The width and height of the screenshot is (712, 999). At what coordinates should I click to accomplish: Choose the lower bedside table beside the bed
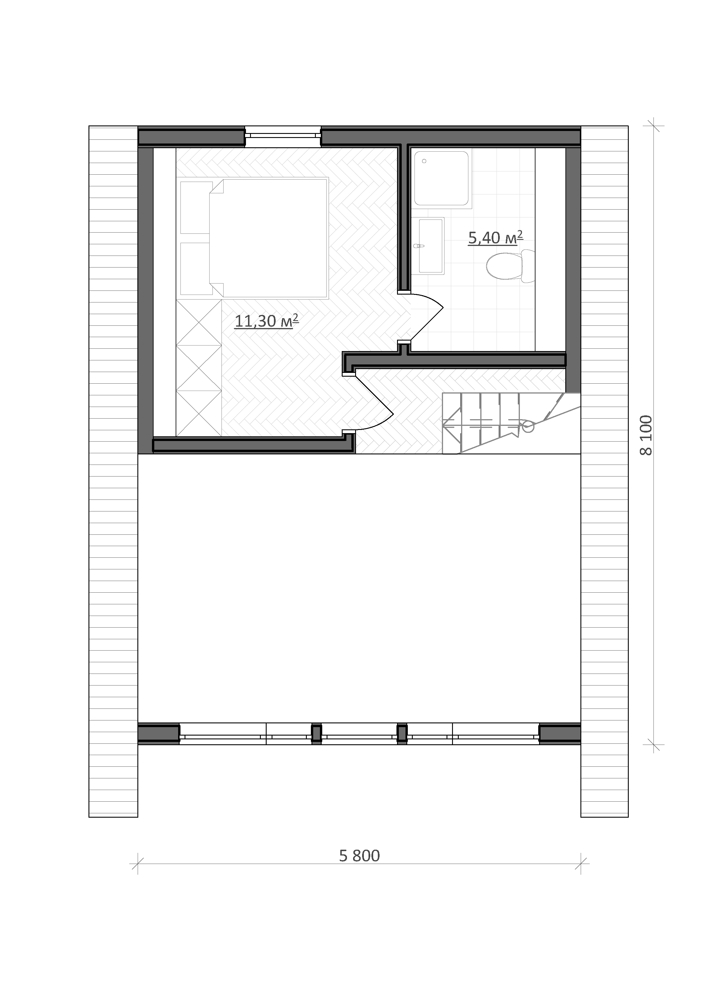point(196,269)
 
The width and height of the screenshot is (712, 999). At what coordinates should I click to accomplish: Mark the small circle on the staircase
point(528,426)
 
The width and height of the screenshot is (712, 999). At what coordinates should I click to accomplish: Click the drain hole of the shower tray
point(424,161)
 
